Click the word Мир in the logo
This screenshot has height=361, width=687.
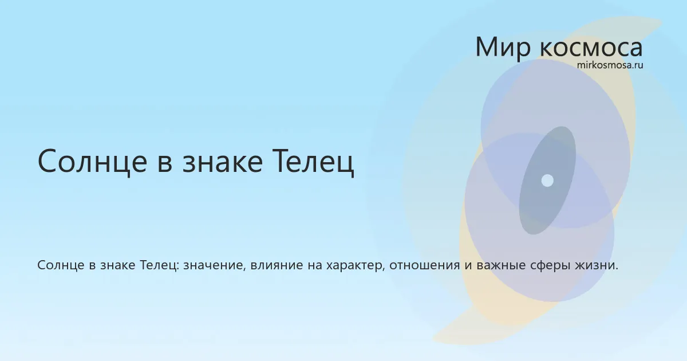[503, 47]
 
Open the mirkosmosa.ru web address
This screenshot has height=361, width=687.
[610, 65]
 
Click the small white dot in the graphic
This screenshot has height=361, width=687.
[547, 180]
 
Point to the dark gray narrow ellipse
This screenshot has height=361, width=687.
[547, 180]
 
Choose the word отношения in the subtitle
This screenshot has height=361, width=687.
[425, 265]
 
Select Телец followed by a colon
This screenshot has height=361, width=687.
[159, 265]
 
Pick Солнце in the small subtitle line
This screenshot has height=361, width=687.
[61, 265]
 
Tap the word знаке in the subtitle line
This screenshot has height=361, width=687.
[118, 265]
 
